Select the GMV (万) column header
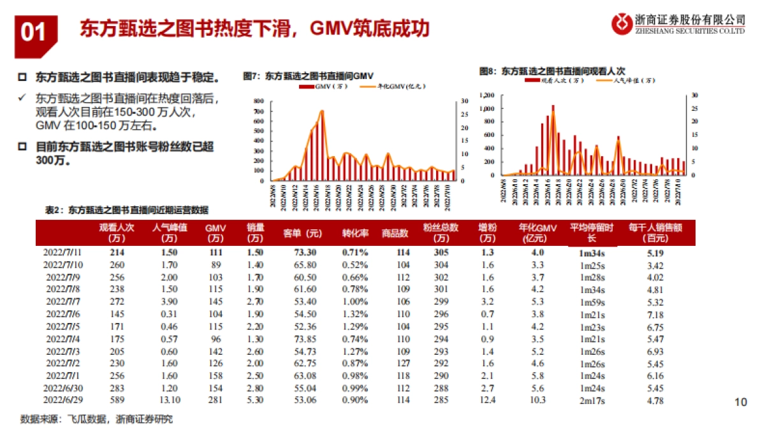(x=215, y=233)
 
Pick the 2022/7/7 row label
(x=62, y=301)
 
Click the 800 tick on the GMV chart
(x=258, y=102)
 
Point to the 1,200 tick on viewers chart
(x=486, y=95)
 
